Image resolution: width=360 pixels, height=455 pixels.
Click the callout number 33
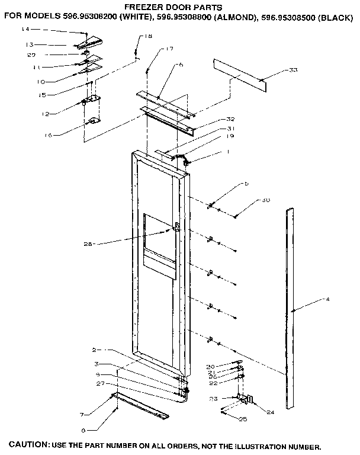click(293, 71)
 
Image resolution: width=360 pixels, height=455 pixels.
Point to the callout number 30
click(266, 201)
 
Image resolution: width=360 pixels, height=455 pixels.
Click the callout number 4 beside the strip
click(327, 299)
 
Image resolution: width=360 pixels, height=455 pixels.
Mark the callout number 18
click(148, 37)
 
